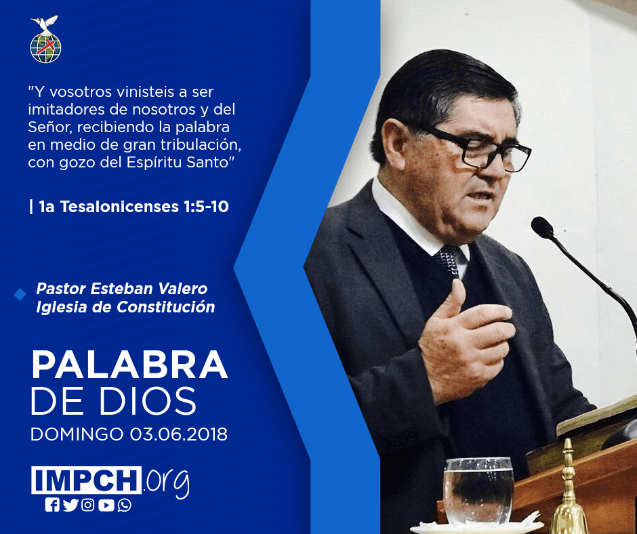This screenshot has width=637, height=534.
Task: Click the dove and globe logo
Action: tap(45, 39)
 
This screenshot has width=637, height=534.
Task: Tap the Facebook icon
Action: tap(52, 505)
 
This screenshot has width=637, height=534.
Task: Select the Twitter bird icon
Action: tap(70, 505)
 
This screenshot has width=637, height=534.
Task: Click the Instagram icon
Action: tap(88, 505)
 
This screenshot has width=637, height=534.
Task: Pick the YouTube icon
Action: tap(106, 505)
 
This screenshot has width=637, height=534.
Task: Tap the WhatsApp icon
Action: tap(124, 505)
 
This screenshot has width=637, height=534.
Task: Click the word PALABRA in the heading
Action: tap(129, 365)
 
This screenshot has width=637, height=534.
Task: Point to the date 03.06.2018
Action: tap(179, 434)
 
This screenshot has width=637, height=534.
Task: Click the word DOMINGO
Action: tap(77, 434)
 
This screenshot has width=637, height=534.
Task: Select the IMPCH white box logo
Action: tap(86, 480)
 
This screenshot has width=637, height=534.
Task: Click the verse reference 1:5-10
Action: tap(206, 207)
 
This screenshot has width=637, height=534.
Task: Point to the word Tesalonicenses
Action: tap(119, 207)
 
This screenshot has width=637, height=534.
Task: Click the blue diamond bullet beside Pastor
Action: tap(20, 295)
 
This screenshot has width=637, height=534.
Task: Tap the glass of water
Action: tap(478, 491)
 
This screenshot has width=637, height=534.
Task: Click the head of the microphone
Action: tap(543, 228)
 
